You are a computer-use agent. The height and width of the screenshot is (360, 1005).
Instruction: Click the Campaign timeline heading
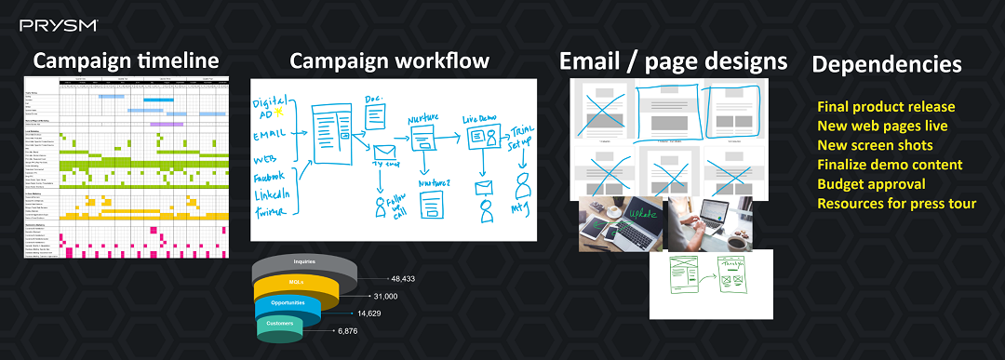127,61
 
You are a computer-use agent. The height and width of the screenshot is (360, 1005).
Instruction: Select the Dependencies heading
886,64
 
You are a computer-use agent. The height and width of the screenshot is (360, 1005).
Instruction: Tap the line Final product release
886,106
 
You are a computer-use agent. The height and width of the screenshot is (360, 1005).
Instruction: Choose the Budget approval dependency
871,183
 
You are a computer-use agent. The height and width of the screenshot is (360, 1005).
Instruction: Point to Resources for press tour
896,203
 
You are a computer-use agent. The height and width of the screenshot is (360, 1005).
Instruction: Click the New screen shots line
875,145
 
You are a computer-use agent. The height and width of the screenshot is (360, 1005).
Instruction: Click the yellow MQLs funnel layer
297,283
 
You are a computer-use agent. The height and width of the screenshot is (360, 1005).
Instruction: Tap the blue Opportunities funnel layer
288,304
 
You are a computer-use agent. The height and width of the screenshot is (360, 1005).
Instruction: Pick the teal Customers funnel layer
281,324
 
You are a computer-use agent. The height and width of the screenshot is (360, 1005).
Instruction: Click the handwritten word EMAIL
269,134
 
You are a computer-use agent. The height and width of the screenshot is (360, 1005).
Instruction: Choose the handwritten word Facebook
274,176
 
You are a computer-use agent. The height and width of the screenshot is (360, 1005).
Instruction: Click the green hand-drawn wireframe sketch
711,282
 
